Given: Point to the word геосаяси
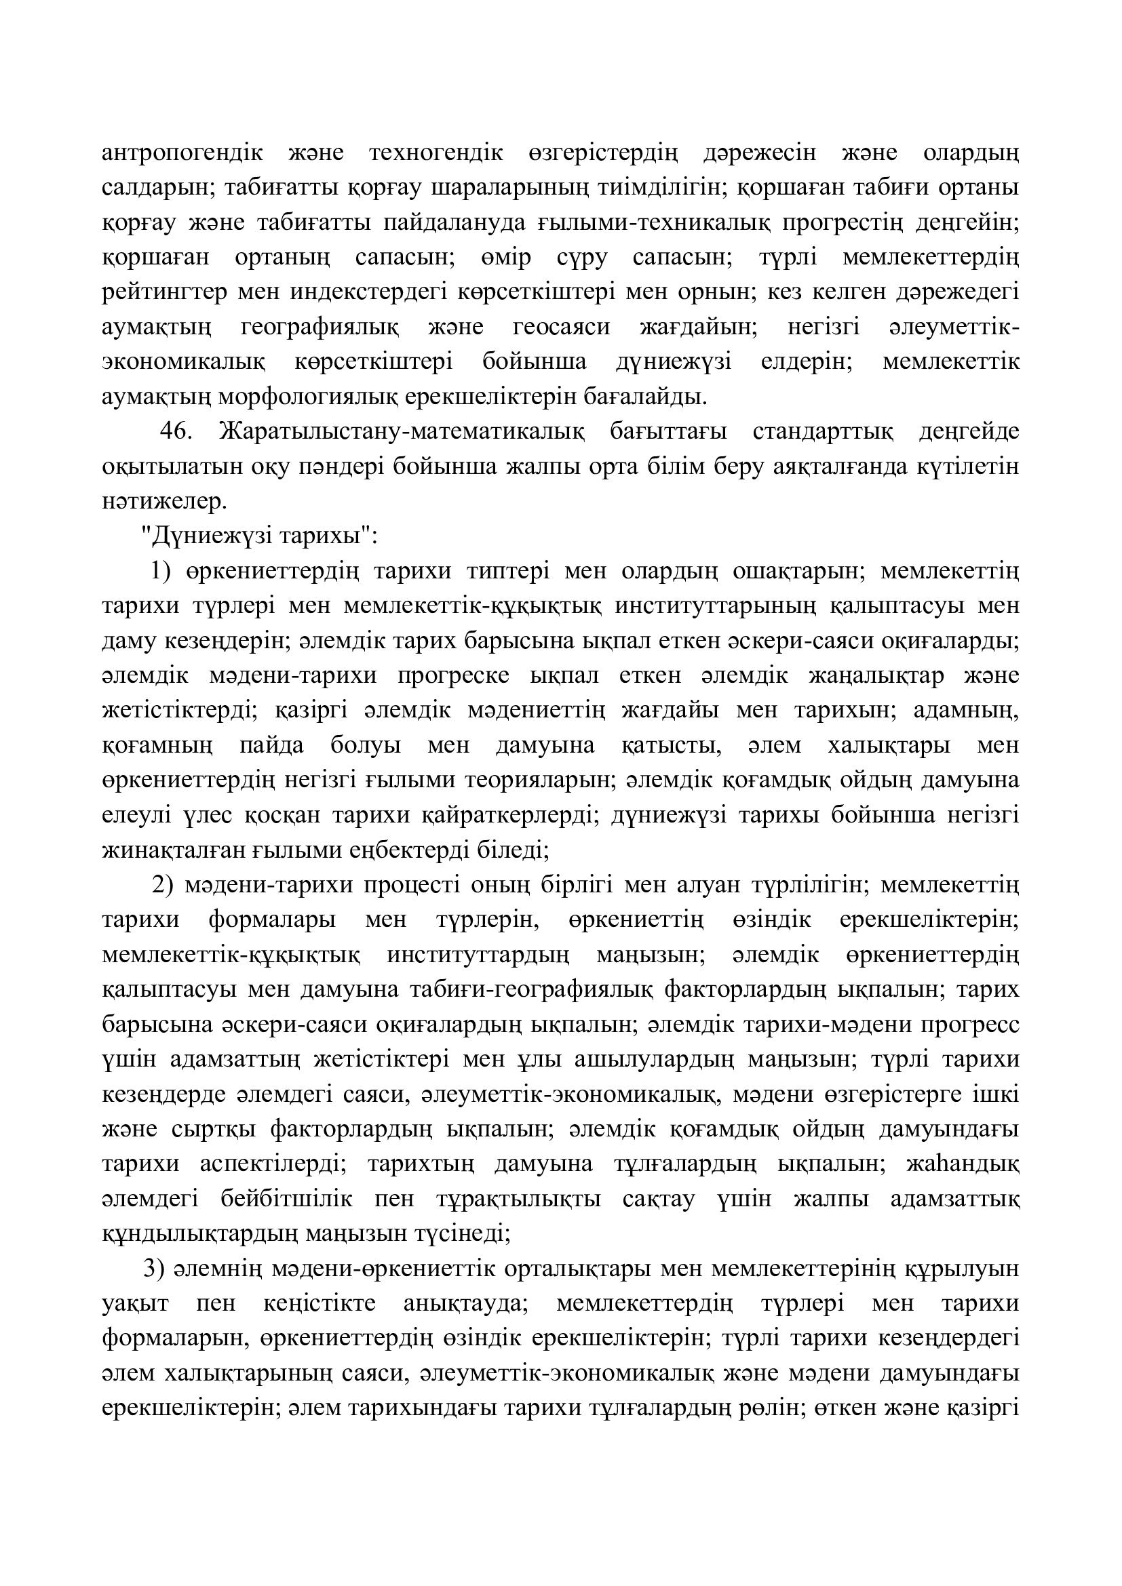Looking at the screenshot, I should [x=562, y=327].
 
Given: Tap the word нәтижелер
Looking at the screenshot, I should [x=164, y=502].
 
